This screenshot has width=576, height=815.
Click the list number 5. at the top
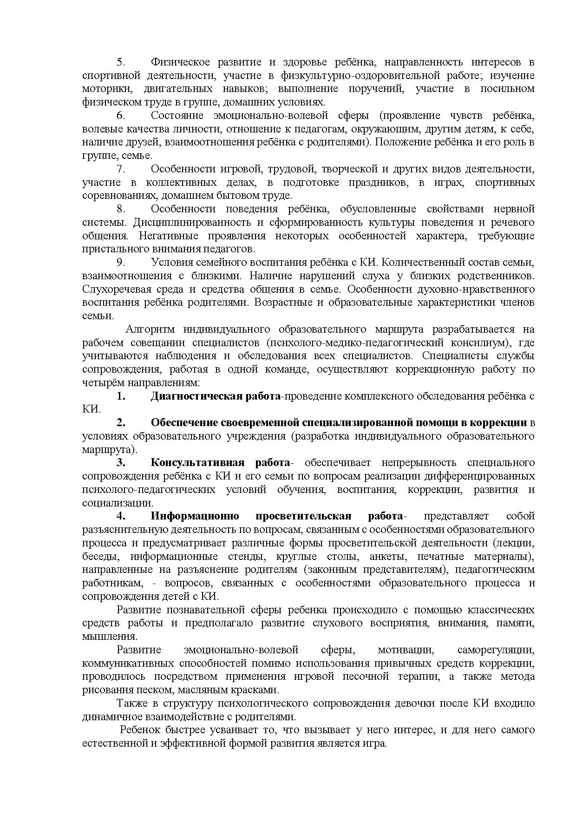(x=120, y=62)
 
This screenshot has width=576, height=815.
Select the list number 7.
(x=120, y=169)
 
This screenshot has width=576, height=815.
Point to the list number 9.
(x=120, y=263)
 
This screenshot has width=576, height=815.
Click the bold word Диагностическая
(x=196, y=396)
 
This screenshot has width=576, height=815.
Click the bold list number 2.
(x=121, y=423)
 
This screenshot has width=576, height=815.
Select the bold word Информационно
(x=195, y=516)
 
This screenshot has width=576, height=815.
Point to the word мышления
(x=109, y=637)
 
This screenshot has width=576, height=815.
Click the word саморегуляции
(x=496, y=650)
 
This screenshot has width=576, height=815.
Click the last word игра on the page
(x=377, y=743)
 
